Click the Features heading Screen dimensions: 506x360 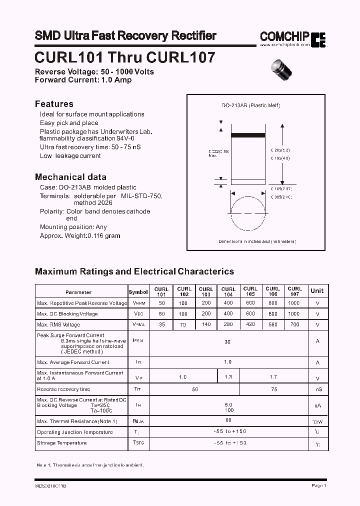coord(54,104)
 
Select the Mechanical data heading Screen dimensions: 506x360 coord(70,177)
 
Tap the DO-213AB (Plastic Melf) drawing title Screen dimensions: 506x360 coord(250,105)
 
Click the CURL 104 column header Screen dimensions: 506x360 coord(228,291)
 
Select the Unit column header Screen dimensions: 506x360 coord(317,291)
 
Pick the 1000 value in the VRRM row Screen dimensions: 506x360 coord(294,303)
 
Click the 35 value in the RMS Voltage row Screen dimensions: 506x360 coord(161,325)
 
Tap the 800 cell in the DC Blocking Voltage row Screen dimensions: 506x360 coord(272,314)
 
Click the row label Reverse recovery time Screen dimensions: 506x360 coord(63,389)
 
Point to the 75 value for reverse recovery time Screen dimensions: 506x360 coord(273,389)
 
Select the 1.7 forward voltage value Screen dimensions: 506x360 coord(273,376)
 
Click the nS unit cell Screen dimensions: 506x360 coord(317,389)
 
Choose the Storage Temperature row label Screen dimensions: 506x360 coord(61,443)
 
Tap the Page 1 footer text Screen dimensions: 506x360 coord(318,485)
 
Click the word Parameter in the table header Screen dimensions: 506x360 coord(78,292)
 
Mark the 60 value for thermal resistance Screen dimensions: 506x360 coord(228,421)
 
